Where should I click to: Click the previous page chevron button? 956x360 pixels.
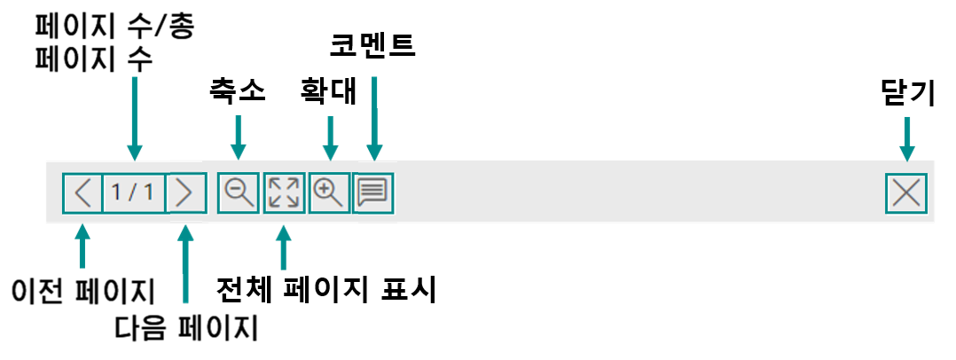[x=82, y=192]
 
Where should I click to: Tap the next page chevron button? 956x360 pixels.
[x=185, y=192]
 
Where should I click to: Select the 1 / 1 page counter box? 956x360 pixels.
[x=134, y=192]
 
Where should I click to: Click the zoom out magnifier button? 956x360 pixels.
[x=239, y=192]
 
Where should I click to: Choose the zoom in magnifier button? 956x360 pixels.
[x=329, y=192]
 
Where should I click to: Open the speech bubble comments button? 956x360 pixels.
[x=373, y=192]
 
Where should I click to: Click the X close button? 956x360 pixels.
[x=905, y=192]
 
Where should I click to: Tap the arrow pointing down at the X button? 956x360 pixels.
[x=905, y=138]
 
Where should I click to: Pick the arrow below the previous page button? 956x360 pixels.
[x=82, y=247]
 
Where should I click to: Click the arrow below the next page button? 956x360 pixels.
[x=185, y=265]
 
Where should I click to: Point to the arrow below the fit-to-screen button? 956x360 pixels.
[x=283, y=248]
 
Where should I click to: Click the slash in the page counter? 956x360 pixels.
[x=133, y=192]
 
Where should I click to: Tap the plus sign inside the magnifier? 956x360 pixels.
[x=325, y=189]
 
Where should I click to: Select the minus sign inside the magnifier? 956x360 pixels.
[x=235, y=189]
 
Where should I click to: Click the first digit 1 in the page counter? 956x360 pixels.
[x=117, y=192]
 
